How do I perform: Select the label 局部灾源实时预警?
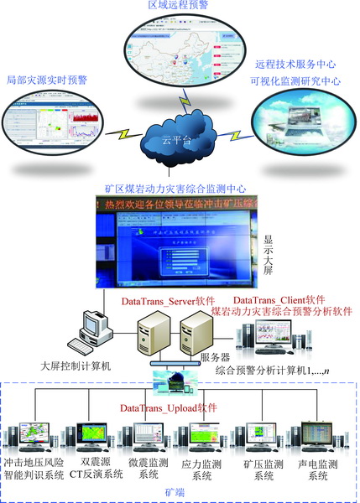click(x=52, y=82)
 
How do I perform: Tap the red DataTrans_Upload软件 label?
click(x=168, y=407)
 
